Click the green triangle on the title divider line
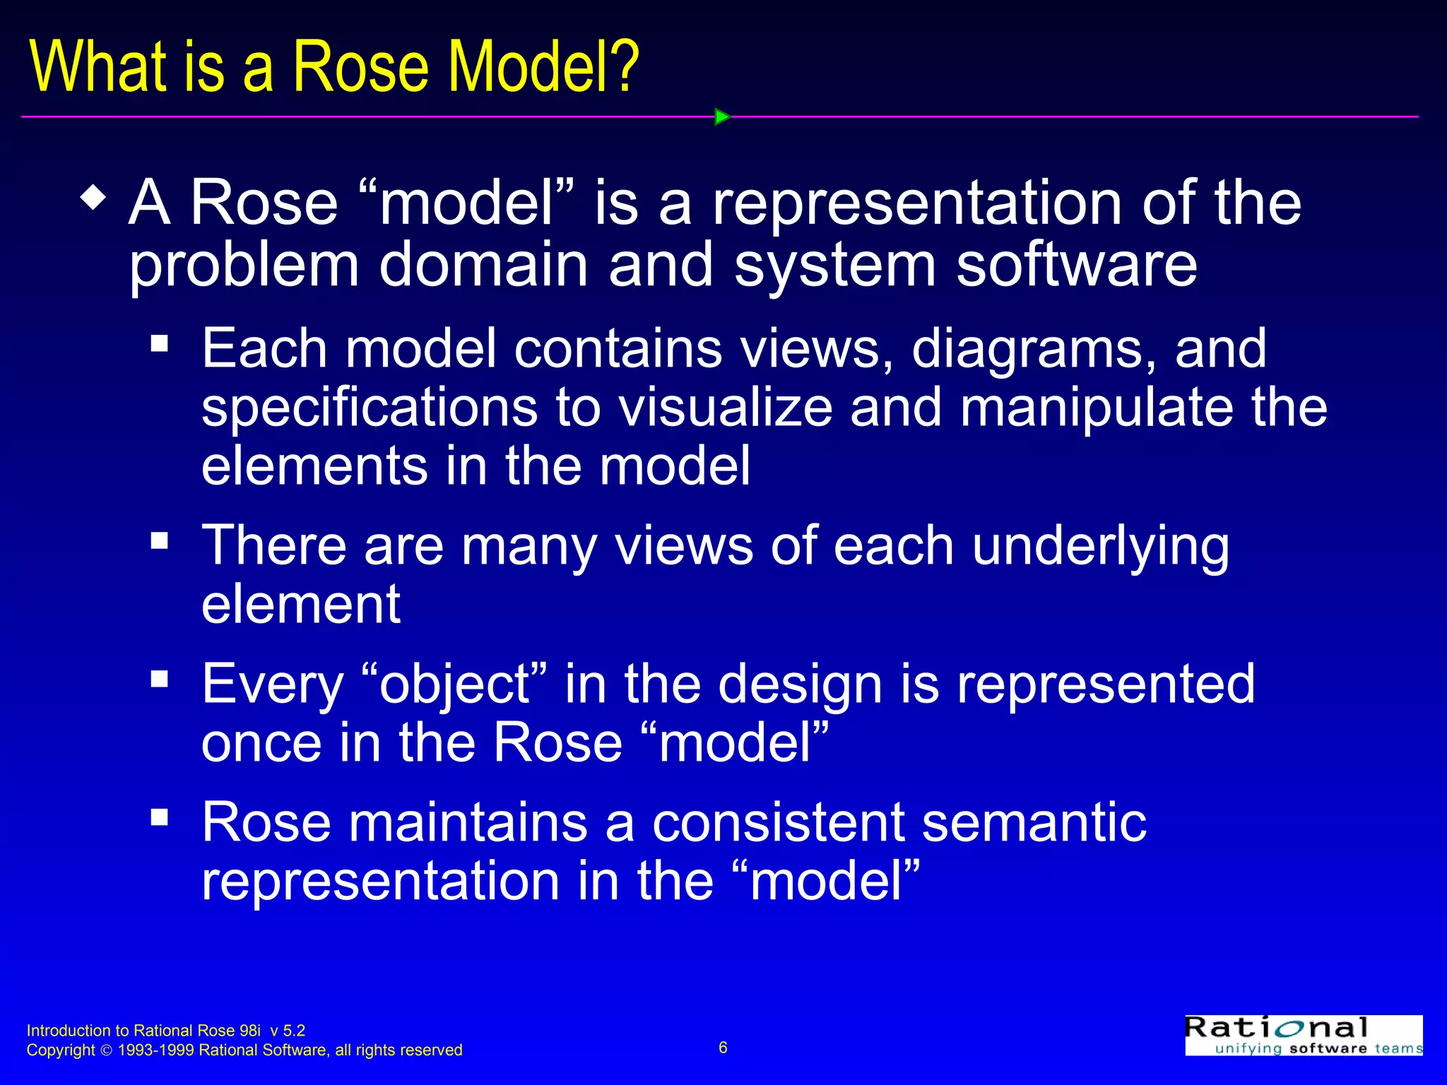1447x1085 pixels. point(722,117)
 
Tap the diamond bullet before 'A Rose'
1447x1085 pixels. point(94,197)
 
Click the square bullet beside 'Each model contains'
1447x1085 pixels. point(160,343)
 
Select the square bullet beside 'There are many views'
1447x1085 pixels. point(160,541)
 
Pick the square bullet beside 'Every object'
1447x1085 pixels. point(160,679)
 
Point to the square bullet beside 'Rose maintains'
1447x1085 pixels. point(160,817)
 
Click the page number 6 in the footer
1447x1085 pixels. point(723,1048)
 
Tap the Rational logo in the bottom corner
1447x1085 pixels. point(1303,1036)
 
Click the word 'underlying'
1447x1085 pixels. point(1100,547)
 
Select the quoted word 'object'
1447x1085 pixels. point(455,684)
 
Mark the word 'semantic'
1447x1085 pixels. point(1034,822)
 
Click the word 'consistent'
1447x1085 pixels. point(778,822)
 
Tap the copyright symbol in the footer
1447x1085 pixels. point(107,1050)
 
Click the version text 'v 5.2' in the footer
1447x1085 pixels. point(288,1031)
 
